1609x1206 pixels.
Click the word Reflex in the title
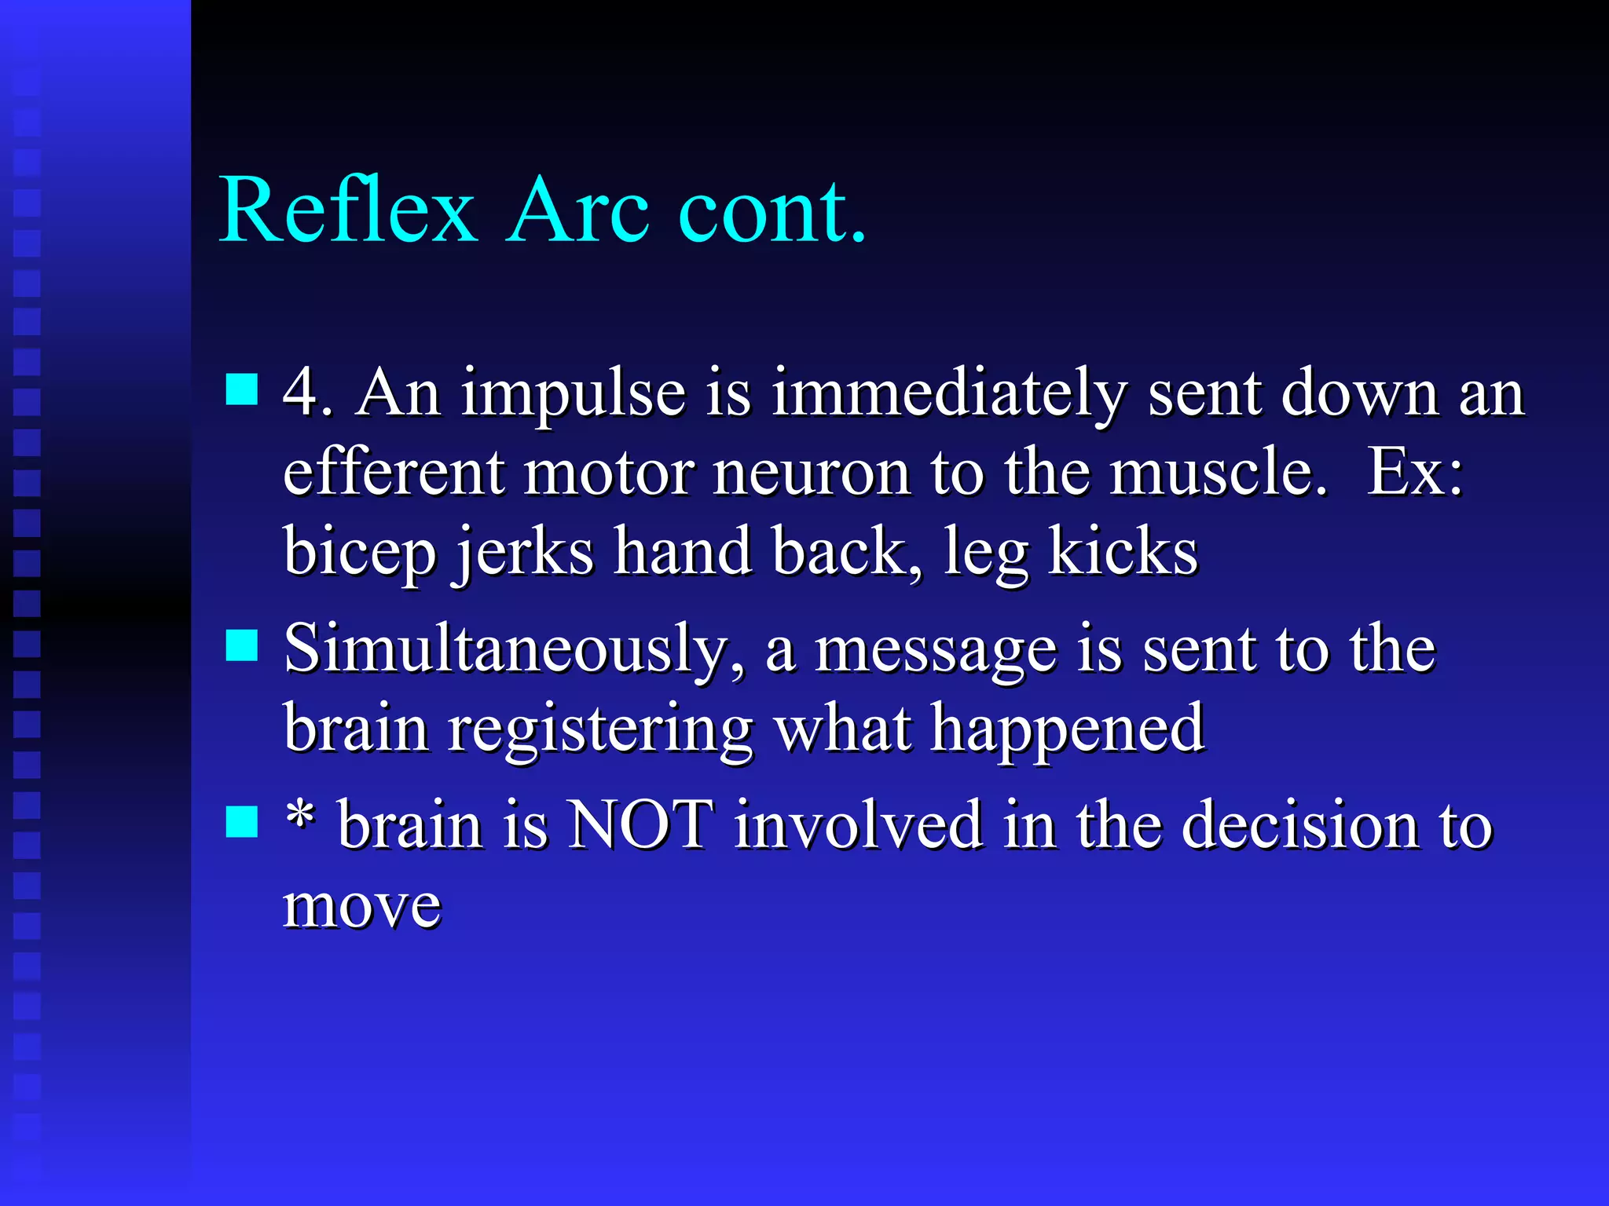pos(348,210)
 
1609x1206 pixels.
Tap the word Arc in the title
pos(579,210)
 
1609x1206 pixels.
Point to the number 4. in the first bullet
pos(306,392)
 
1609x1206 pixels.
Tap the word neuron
pos(812,473)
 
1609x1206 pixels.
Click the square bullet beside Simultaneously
pos(241,646)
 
